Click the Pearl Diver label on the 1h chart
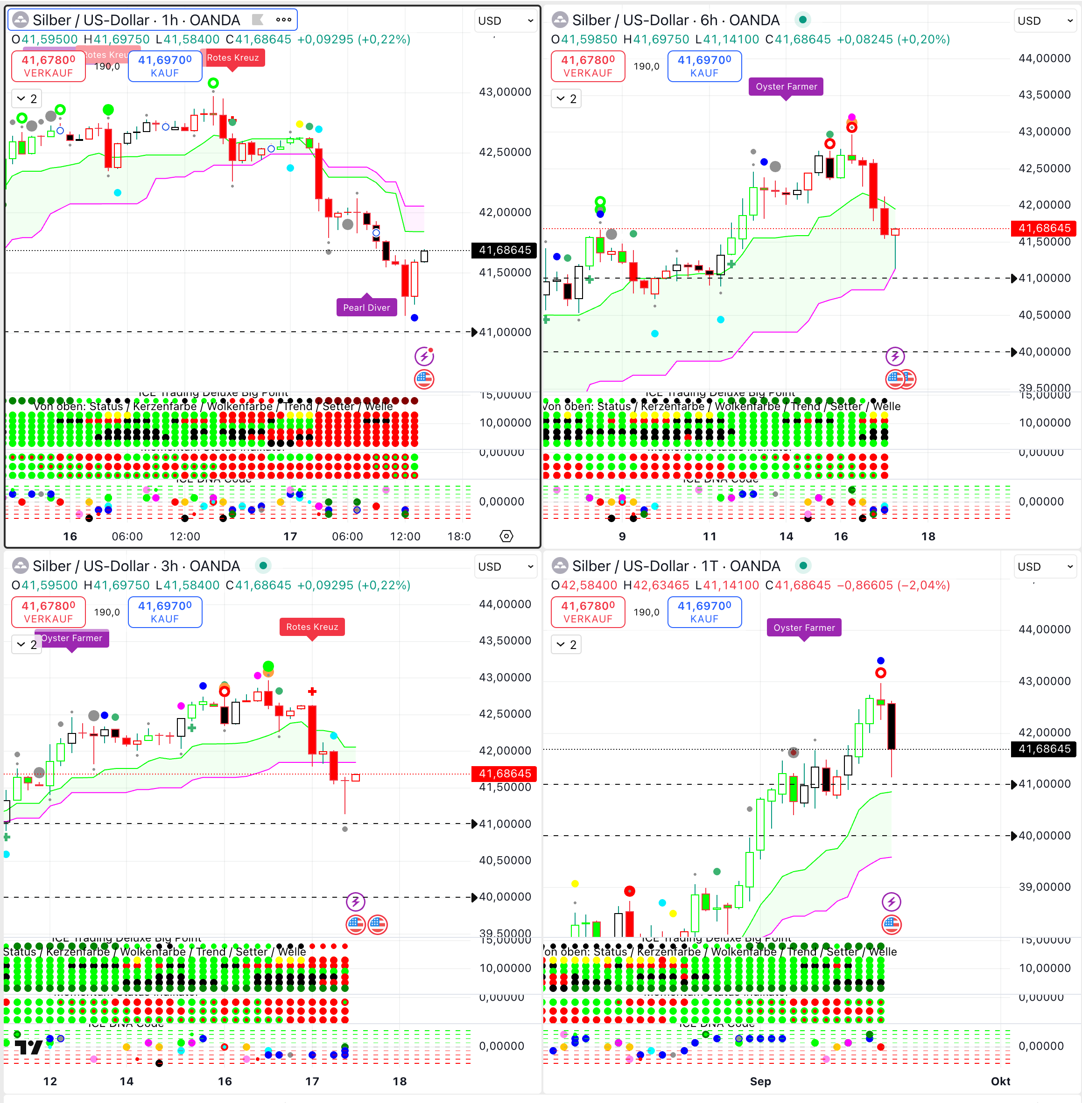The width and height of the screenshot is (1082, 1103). tap(366, 308)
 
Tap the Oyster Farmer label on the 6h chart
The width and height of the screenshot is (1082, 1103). tap(786, 87)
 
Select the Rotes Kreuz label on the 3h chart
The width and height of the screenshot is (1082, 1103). tap(312, 627)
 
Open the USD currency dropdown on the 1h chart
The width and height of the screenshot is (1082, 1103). tap(505, 21)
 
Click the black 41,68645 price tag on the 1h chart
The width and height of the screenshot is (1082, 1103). tap(504, 251)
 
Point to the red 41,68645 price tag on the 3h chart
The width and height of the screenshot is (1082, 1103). tap(504, 774)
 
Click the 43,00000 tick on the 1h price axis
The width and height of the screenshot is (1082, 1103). tap(505, 92)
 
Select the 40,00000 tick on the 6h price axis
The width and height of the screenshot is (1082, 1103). tap(1044, 352)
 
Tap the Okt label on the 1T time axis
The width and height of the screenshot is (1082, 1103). tap(1000, 1082)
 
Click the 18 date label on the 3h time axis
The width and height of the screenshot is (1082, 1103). tap(400, 1082)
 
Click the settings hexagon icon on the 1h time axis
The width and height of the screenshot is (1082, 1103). tap(506, 536)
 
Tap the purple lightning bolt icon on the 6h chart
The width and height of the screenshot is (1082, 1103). tap(895, 356)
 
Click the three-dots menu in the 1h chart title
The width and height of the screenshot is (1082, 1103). tap(284, 20)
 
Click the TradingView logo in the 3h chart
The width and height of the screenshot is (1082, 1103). tap(28, 1047)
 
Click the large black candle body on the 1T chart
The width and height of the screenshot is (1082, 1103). tap(892, 726)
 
